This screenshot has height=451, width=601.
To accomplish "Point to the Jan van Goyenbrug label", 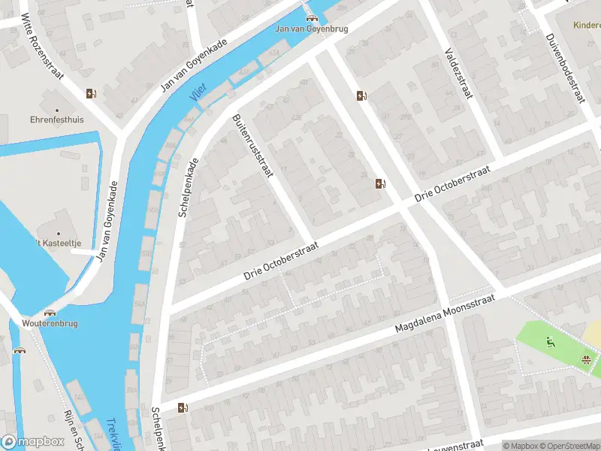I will tap(311, 29).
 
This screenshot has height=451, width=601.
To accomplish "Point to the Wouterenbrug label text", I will tap(50, 323).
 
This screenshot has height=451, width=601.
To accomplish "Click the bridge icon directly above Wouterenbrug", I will tap(50, 312).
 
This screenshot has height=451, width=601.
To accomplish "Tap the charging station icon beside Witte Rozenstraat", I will tap(91, 94).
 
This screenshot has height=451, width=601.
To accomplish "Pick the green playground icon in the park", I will tap(551, 343).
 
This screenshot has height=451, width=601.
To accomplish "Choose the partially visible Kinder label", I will tap(586, 24).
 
